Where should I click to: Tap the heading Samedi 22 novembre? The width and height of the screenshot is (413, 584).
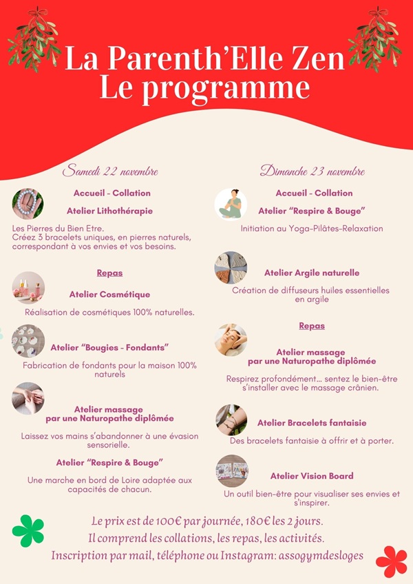tap(111, 171)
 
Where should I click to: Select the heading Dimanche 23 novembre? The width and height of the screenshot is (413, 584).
tap(313, 171)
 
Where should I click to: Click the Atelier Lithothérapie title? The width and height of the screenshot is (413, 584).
tap(110, 211)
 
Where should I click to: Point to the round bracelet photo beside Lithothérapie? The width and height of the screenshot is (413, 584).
tap(28, 204)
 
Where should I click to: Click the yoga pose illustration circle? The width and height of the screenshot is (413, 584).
tap(231, 204)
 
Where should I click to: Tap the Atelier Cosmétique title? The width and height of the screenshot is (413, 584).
tap(109, 295)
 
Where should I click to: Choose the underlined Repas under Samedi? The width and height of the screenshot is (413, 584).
tap(109, 273)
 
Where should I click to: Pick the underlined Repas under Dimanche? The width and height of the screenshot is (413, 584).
tap(312, 326)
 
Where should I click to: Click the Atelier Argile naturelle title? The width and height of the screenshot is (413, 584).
tap(312, 273)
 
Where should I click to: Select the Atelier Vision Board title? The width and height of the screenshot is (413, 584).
tap(312, 476)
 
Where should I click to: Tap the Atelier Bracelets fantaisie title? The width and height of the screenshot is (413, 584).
tap(312, 423)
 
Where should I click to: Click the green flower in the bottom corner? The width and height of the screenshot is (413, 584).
tap(28, 531)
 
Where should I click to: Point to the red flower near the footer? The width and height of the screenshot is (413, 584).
tap(391, 561)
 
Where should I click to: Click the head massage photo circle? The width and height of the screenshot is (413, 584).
tap(231, 340)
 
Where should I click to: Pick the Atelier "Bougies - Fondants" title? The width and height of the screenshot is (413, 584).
tap(109, 347)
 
